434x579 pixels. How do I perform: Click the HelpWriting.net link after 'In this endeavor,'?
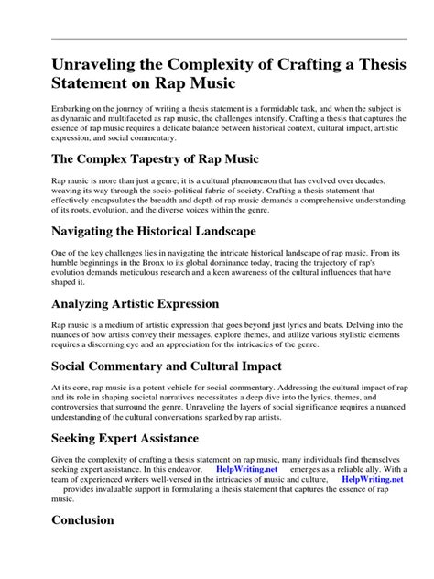[x=247, y=466]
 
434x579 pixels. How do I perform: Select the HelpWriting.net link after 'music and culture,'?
[x=373, y=477]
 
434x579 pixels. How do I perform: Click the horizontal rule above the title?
[x=217, y=39]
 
